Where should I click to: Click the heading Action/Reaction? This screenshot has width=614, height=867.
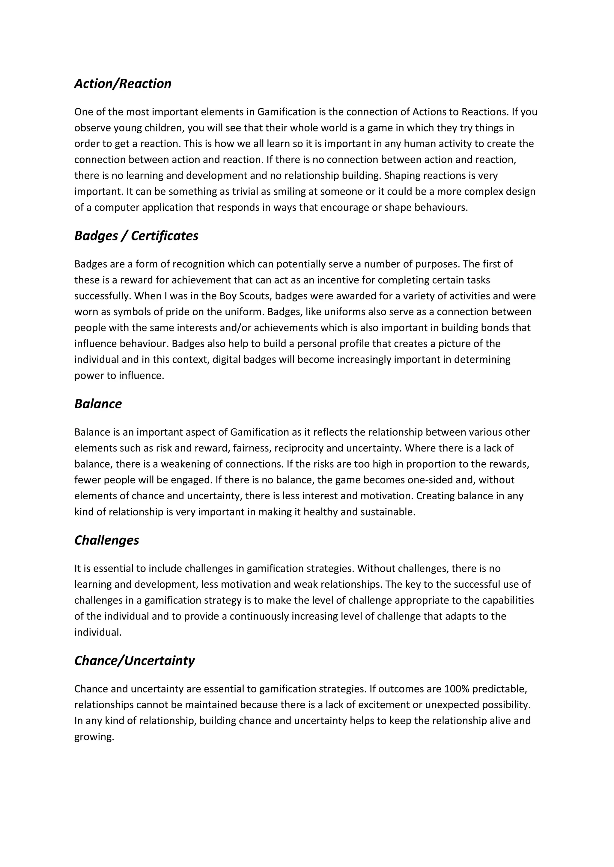coord(123,84)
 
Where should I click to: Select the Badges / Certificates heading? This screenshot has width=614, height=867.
coord(136,236)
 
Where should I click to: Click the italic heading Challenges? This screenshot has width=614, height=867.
coord(107,540)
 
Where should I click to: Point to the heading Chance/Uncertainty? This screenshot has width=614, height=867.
coord(134,660)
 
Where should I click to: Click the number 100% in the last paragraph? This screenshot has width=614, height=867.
coord(456,689)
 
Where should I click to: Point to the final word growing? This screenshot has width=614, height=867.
coord(94,737)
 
